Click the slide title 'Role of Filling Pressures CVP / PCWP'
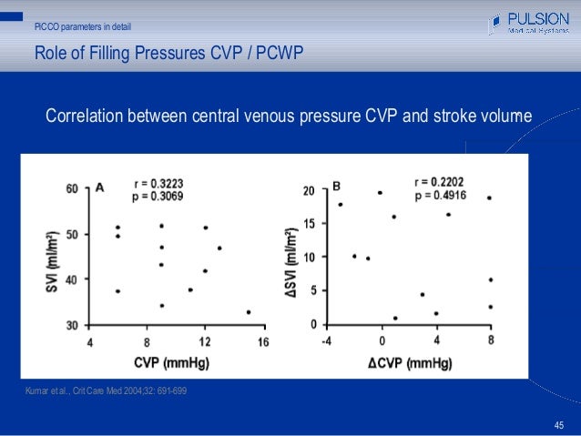[x=168, y=54]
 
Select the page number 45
[x=559, y=425]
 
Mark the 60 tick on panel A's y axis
[x=72, y=189]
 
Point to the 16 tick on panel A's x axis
[x=262, y=341]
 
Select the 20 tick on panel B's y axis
[x=310, y=191]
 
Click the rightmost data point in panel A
[x=249, y=312]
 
